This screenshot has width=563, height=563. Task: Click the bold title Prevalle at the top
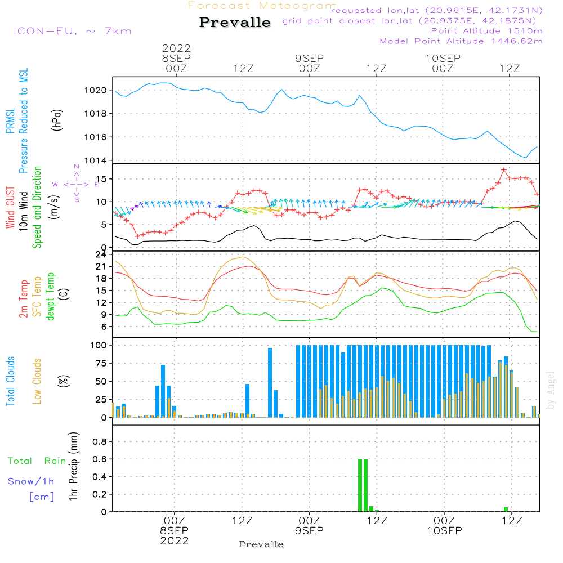[x=235, y=23]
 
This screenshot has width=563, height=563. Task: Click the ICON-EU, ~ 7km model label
[x=72, y=30]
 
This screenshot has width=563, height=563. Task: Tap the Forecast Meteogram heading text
[x=262, y=6]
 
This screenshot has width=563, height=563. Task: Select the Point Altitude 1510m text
[x=486, y=31]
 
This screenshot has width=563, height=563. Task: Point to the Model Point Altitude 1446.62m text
[x=461, y=41]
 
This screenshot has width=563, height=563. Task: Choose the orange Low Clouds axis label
[x=38, y=379]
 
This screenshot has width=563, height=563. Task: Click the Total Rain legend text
[x=37, y=461]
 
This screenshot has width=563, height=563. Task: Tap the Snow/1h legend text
[x=31, y=481]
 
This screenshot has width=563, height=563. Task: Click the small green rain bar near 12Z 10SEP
[x=506, y=509]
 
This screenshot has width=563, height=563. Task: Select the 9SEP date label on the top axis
[x=309, y=58]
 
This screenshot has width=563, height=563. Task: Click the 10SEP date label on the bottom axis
[x=444, y=531]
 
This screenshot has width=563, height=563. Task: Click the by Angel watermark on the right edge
[x=551, y=390]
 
